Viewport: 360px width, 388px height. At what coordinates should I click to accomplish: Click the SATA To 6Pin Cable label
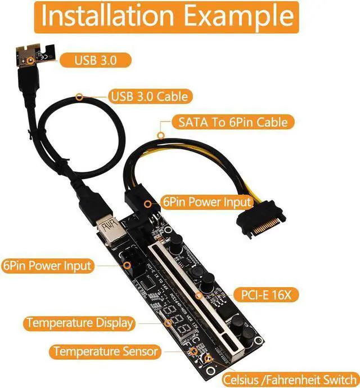click(233, 121)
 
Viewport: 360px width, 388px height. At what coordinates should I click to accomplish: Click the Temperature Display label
click(80, 323)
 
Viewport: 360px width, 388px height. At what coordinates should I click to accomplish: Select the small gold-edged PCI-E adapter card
click(34, 53)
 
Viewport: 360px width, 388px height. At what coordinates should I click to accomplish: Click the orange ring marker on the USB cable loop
click(80, 96)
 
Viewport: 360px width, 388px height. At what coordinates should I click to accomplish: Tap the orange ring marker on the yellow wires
click(162, 135)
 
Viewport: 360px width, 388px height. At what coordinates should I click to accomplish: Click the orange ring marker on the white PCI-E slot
click(199, 294)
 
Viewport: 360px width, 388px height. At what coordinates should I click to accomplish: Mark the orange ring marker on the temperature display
click(168, 323)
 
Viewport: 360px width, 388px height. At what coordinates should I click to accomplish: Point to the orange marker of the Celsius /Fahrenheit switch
click(208, 359)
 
